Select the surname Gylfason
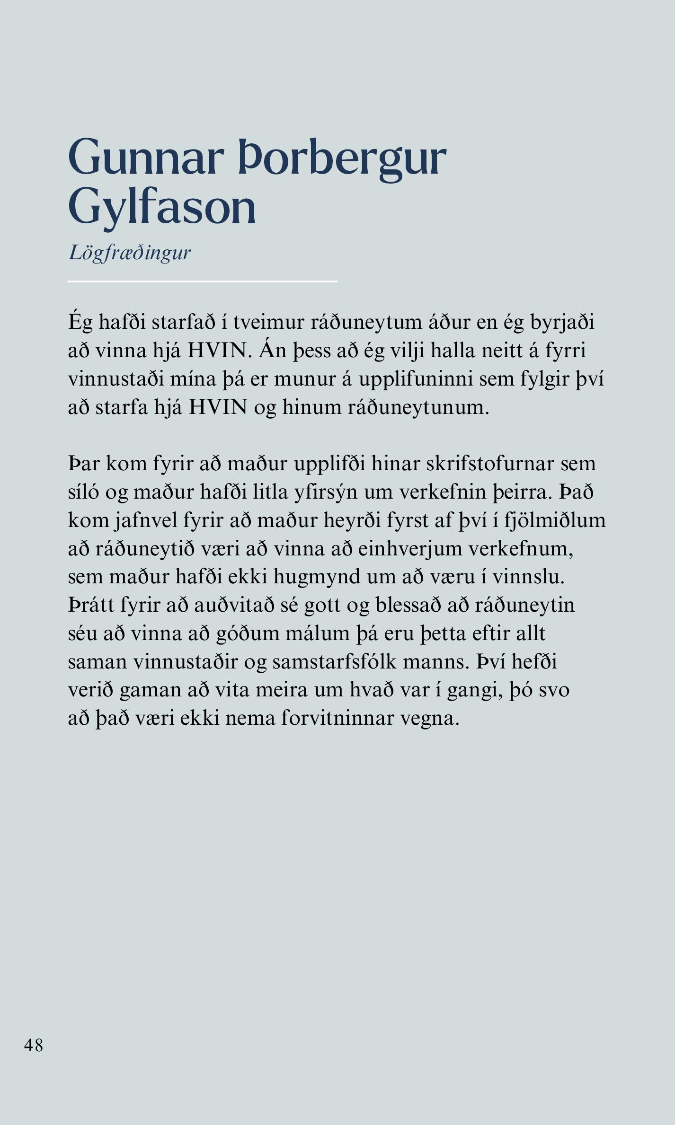click(x=162, y=208)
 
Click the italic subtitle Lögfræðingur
click(x=130, y=253)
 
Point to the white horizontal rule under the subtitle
click(x=203, y=281)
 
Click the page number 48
click(x=34, y=1045)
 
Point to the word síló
click(x=83, y=492)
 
